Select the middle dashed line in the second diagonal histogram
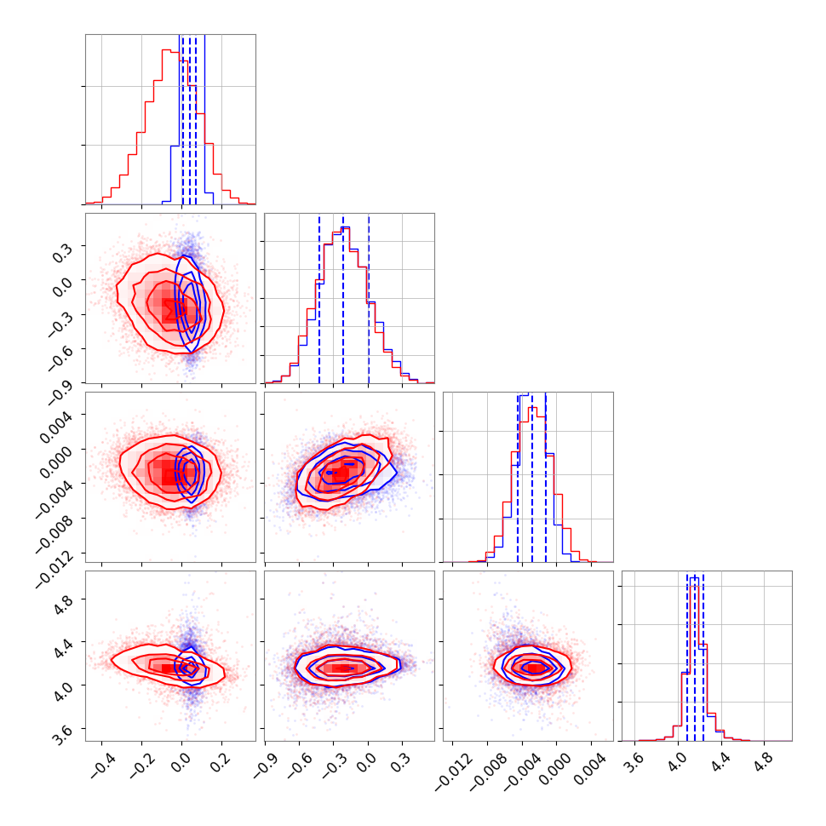point(343,298)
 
